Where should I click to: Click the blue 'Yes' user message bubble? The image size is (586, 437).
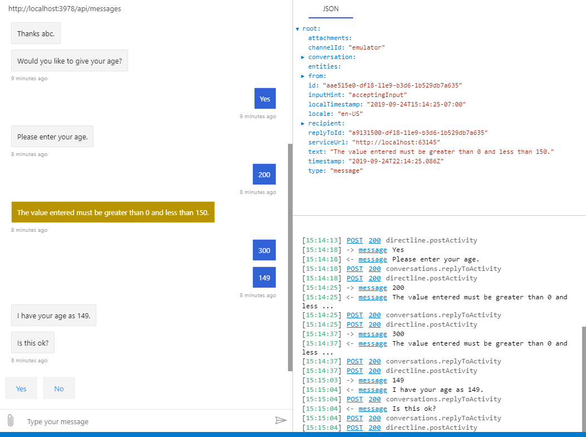point(265,99)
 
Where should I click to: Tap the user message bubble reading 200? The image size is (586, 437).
point(264,174)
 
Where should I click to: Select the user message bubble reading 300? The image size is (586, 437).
point(264,250)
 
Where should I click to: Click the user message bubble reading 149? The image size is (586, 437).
point(264,278)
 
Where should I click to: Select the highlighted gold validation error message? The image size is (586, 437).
point(113,212)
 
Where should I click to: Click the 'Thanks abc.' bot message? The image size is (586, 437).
point(36,33)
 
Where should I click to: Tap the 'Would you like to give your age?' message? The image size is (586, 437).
point(70,61)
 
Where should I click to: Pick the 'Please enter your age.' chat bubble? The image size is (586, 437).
point(52,137)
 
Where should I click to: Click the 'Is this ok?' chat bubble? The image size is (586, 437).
point(33,342)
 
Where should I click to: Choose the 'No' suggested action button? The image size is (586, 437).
point(59,389)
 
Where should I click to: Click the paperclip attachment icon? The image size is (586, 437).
point(11,420)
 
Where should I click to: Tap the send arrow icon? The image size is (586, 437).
point(281,420)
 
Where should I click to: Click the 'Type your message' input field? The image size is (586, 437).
point(146,421)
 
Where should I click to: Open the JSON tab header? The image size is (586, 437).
point(331,9)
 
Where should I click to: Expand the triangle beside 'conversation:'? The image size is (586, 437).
point(302,57)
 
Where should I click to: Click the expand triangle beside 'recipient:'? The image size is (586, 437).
point(302,123)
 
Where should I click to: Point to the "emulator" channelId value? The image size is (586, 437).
point(367,47)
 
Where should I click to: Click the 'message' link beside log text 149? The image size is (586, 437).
point(373,380)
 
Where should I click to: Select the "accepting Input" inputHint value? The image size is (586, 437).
point(378,95)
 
